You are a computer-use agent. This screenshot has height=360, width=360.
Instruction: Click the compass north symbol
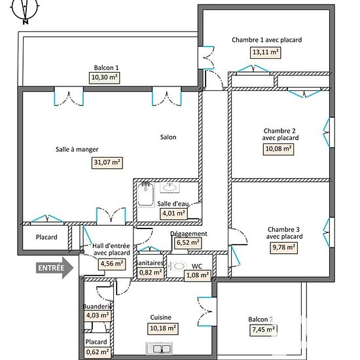click(x=25, y=11)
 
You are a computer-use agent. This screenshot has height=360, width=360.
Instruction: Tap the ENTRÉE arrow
click(x=54, y=268)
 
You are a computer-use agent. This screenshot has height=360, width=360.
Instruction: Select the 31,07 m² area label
click(x=107, y=163)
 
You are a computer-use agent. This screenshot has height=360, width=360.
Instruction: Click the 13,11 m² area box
click(x=265, y=52)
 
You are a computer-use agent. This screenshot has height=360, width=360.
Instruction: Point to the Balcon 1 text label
click(x=106, y=67)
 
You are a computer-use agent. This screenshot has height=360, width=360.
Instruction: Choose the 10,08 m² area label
click(x=278, y=149)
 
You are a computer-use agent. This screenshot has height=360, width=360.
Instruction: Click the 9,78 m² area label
click(x=284, y=247)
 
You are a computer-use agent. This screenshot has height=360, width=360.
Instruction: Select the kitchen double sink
click(x=159, y=349)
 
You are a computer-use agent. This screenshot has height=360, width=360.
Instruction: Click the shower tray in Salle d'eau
click(x=146, y=194)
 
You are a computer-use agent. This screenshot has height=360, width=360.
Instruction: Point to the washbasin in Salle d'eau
click(x=170, y=187)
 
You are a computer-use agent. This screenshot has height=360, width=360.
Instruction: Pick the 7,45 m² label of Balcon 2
click(x=263, y=330)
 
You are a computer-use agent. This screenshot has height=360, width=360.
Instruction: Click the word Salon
click(x=168, y=137)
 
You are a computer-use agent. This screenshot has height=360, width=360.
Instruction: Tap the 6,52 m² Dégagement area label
click(x=189, y=243)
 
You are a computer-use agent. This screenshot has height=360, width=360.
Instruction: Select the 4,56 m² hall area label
click(x=112, y=264)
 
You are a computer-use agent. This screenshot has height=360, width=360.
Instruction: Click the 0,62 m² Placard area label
click(x=98, y=352)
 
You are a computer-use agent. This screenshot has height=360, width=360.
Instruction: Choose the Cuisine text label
click(x=161, y=317)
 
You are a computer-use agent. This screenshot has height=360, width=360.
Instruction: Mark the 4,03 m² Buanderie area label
click(x=98, y=315)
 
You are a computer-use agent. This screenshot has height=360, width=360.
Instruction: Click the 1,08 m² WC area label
click(x=198, y=276)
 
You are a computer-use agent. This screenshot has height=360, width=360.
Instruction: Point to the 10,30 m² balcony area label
click(x=105, y=78)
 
